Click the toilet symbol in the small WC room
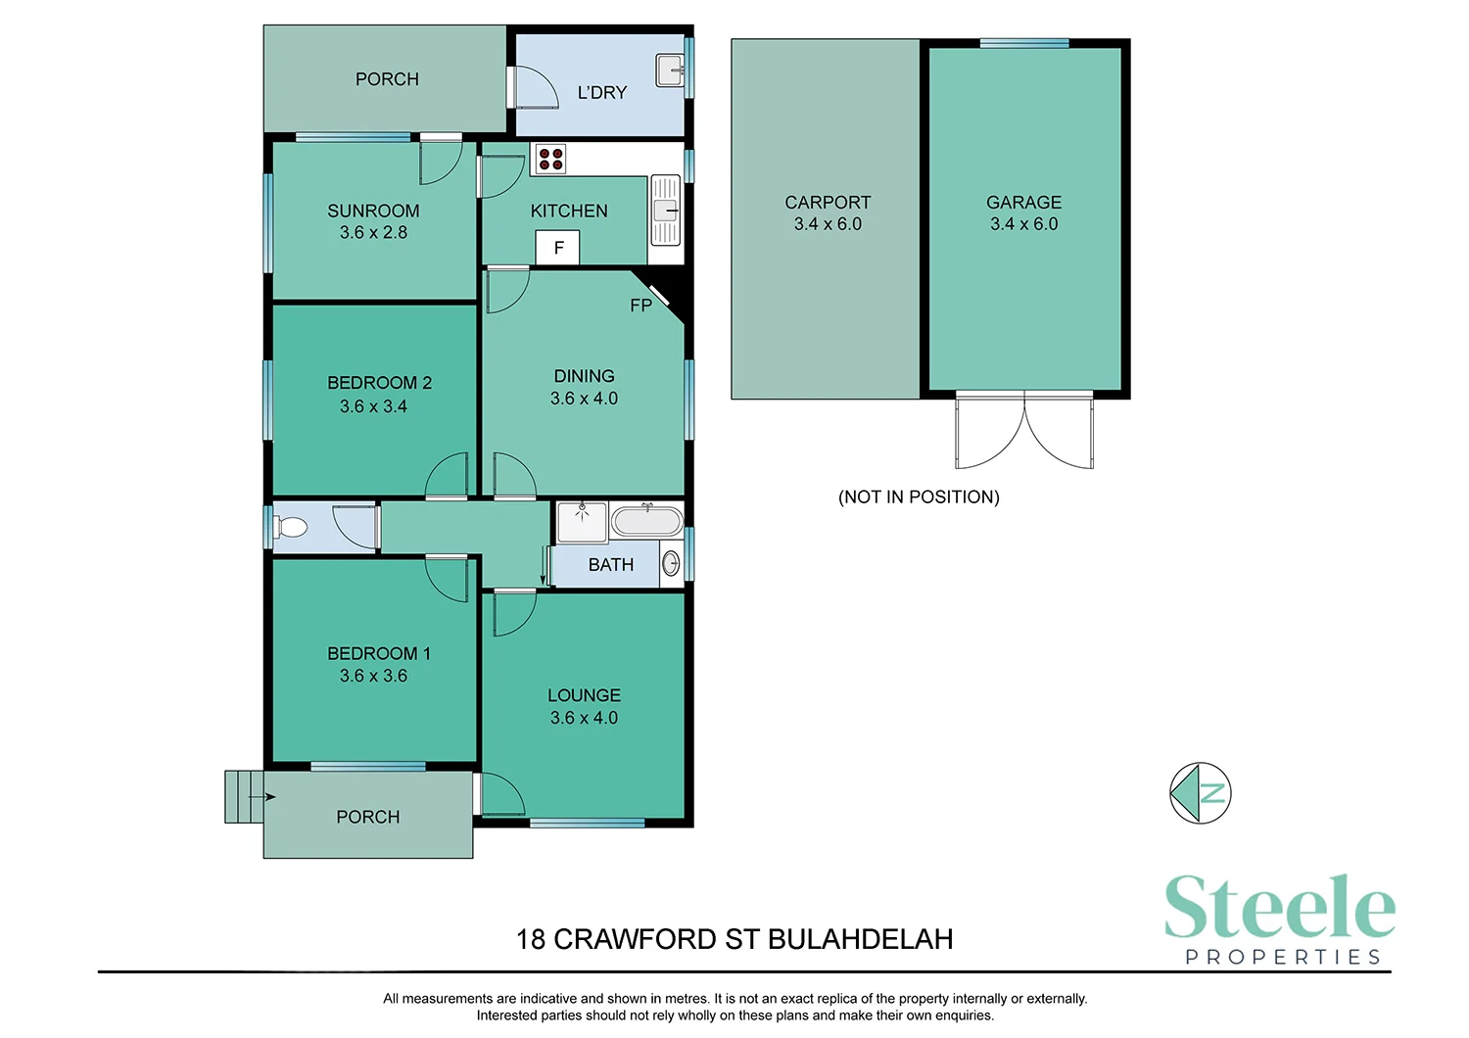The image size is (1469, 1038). pos(291,528)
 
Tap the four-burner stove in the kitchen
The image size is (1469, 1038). pos(550,159)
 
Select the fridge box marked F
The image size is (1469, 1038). pos(558,248)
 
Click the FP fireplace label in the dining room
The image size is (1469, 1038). pos(640,306)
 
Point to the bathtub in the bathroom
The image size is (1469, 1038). pos(646,520)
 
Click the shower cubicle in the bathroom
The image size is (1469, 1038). pos(582,522)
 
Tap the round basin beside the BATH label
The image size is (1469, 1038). pos(671,564)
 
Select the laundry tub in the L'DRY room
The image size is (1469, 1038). pos(670,71)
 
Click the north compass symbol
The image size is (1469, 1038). pos(1200,792)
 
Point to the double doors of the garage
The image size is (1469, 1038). pos(1024,431)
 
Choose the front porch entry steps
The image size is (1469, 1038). pos(244,797)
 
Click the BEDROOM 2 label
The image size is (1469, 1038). pos(379,383)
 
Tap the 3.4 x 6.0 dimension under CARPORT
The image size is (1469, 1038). pos(828,224)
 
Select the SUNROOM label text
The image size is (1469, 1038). pos(373,211)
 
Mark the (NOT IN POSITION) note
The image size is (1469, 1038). pos(919,496)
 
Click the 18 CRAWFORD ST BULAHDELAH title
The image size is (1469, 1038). pos(734,939)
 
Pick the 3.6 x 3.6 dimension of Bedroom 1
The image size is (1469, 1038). pos(373,676)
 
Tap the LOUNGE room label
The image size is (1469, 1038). pos(584,695)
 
